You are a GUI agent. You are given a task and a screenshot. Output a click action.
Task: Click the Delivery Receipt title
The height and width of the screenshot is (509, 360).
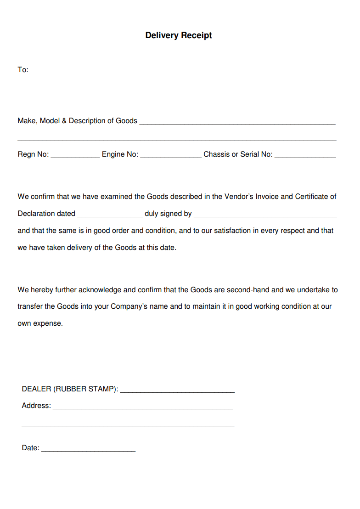(x=179, y=35)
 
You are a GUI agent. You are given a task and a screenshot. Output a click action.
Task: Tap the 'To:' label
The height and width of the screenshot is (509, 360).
(x=23, y=70)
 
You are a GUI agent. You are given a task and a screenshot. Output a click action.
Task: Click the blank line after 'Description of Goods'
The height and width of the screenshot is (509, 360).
(x=237, y=122)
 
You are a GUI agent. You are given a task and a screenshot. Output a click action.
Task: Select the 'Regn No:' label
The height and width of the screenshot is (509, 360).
(x=33, y=154)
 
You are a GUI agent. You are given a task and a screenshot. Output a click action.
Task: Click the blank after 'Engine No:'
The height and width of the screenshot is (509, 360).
(x=170, y=156)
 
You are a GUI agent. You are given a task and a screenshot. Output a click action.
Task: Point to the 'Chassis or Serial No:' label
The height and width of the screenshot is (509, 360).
(x=238, y=154)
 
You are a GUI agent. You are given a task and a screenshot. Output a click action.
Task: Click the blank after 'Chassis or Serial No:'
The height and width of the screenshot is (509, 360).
(x=305, y=156)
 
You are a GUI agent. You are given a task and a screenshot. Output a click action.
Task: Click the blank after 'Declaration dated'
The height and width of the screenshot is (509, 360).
(x=110, y=215)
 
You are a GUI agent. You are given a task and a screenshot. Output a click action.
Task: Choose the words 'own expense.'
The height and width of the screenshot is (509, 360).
(x=40, y=323)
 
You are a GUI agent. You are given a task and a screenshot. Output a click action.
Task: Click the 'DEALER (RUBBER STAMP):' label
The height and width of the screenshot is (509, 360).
(x=70, y=389)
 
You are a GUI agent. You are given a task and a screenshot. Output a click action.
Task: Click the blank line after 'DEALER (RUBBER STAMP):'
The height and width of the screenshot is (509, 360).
(x=177, y=391)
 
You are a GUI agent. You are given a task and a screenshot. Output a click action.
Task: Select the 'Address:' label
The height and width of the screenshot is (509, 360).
(x=36, y=406)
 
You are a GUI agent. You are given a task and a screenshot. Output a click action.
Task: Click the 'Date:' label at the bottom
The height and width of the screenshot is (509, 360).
(x=31, y=448)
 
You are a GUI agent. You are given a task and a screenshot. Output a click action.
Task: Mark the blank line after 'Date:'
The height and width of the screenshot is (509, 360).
(x=88, y=450)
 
